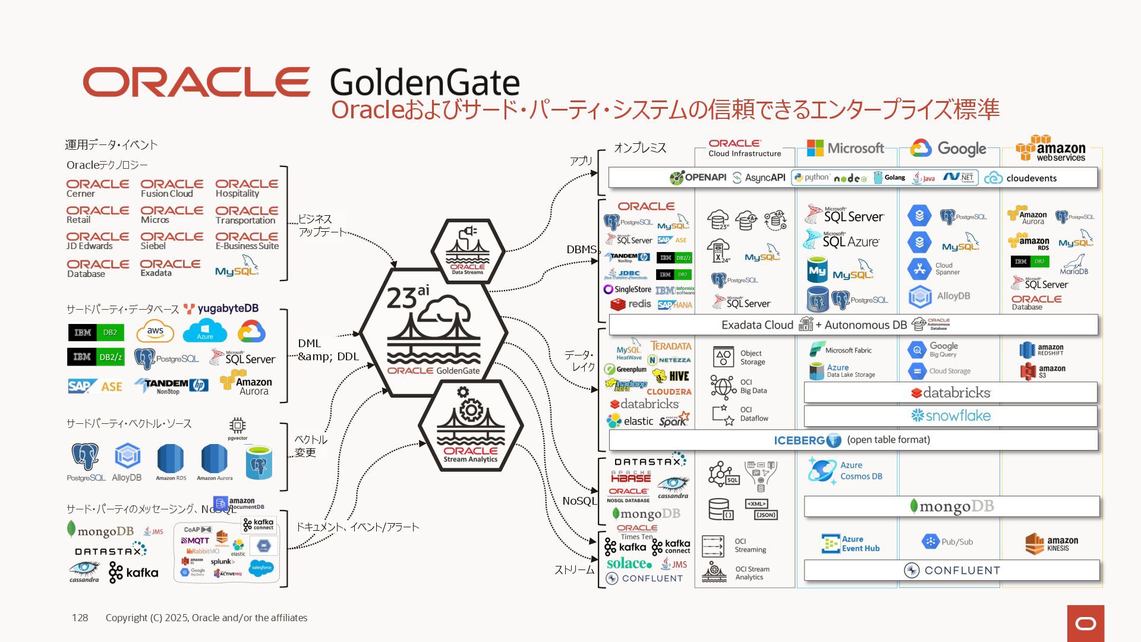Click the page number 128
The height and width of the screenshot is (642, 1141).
pos(80,618)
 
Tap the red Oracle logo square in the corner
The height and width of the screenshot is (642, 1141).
pos(1085,623)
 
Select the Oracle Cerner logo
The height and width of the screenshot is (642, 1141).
pos(97,188)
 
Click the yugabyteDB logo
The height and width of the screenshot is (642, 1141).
pos(221,309)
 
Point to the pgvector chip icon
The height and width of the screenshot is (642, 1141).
pos(237,427)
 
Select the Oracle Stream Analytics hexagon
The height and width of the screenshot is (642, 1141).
pos(471,427)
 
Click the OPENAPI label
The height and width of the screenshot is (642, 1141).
pos(698,177)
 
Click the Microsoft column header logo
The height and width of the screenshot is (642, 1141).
pos(845,148)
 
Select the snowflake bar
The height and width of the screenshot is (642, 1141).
pos(950,416)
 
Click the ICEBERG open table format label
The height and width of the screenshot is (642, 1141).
pos(852,440)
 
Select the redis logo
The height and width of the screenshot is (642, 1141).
pos(631,304)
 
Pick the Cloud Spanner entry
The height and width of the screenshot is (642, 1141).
pos(934,269)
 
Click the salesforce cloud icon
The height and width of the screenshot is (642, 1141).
pos(261,568)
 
